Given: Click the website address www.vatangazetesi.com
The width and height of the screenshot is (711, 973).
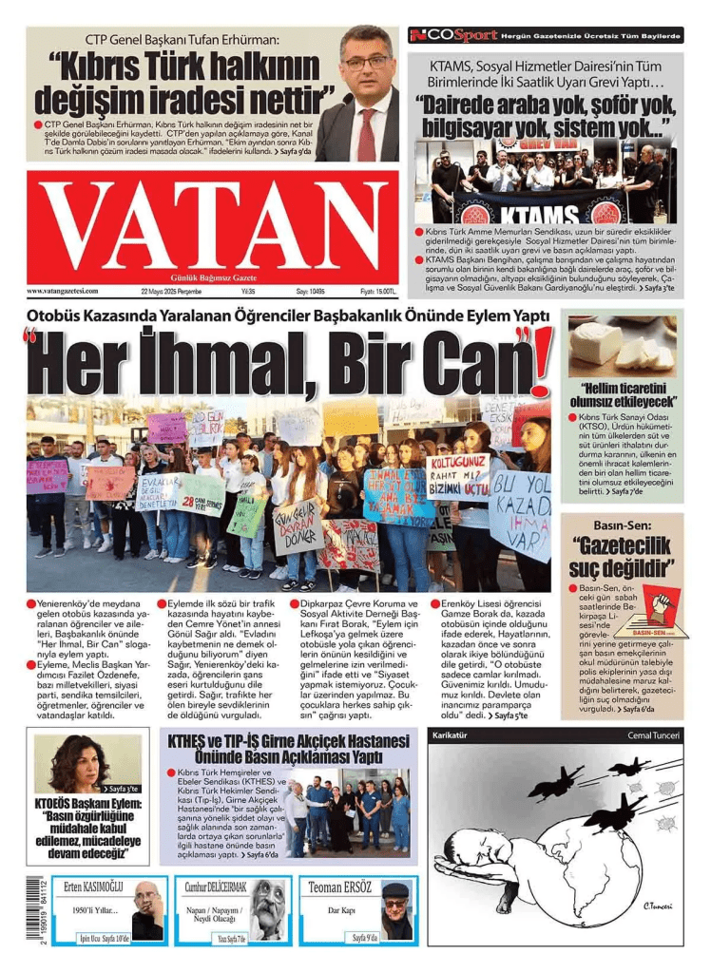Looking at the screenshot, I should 63,291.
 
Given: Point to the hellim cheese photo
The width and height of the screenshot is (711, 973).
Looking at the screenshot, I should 622,346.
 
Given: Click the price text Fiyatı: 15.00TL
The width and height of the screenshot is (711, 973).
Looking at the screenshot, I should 377,291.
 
